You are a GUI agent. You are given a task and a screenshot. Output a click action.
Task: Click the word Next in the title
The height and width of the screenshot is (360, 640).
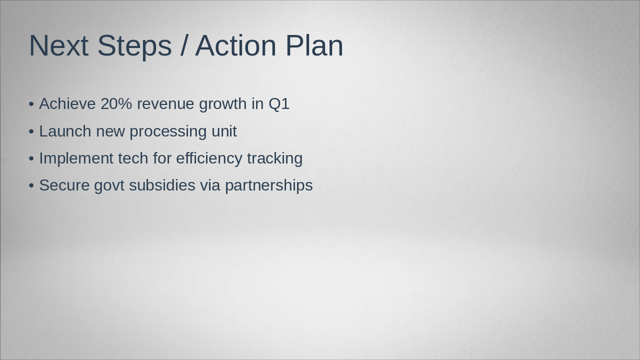[x=58, y=45]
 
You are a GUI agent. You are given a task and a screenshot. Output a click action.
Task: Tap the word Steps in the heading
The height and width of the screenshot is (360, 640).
[x=134, y=47]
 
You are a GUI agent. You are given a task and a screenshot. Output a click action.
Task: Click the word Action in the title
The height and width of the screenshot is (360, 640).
[x=235, y=45]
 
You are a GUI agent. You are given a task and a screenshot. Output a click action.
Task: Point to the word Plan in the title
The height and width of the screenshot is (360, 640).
[x=314, y=45]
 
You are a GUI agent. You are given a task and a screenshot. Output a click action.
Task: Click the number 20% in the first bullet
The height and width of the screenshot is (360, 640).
[x=116, y=103]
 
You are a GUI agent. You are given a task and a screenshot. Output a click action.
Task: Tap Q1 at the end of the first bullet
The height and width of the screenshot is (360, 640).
[x=279, y=103]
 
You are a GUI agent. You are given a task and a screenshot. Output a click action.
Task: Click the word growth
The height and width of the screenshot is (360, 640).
[x=223, y=104]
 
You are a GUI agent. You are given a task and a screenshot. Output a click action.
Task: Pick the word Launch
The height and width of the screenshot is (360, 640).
[x=65, y=131]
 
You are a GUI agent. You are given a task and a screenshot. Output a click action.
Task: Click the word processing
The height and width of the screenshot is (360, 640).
[x=168, y=132]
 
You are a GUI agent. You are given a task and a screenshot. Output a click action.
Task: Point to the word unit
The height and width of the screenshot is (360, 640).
[x=224, y=131]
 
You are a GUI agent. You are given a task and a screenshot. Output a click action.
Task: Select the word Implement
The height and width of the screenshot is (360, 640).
[x=76, y=159]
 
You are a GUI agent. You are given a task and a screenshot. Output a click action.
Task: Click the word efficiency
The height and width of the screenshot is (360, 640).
[x=209, y=159]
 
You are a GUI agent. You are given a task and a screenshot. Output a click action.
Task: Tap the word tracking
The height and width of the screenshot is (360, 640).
[x=275, y=159]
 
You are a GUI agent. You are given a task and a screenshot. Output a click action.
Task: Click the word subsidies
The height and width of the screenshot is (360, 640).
[x=162, y=185]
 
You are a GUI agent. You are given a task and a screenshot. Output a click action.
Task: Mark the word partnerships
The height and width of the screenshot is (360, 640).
[x=269, y=186]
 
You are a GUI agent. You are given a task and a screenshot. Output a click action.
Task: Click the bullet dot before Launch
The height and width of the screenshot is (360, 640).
[x=31, y=132]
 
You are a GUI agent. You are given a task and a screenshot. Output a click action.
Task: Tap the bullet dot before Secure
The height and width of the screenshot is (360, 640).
[x=31, y=186]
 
